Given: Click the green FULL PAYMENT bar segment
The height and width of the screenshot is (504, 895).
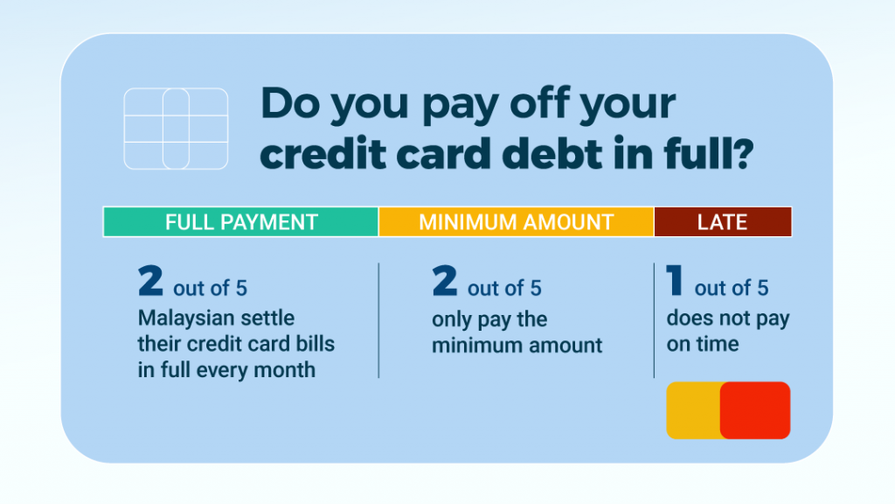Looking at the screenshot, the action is (x=241, y=221).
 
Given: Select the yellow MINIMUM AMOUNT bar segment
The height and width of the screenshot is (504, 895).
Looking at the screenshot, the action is (x=516, y=221).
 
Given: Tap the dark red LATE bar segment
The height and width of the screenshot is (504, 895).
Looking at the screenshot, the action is (x=723, y=221).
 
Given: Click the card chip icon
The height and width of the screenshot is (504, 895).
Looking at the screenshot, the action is (x=176, y=129).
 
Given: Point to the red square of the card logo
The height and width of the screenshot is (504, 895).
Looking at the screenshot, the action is (x=755, y=410).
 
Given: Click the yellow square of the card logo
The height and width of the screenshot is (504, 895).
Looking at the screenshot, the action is (x=693, y=410).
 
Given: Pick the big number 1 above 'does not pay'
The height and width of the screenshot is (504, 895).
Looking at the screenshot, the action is (x=675, y=280).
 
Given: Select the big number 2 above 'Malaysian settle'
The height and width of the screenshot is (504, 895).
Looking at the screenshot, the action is (x=150, y=280).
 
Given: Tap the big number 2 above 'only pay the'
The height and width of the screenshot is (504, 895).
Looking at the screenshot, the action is (x=445, y=280).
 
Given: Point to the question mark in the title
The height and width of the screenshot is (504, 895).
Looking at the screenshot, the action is (x=741, y=153).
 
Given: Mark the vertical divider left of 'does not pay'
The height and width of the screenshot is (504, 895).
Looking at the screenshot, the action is (x=654, y=320).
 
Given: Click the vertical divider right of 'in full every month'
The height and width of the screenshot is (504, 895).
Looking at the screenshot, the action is (x=378, y=320).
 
